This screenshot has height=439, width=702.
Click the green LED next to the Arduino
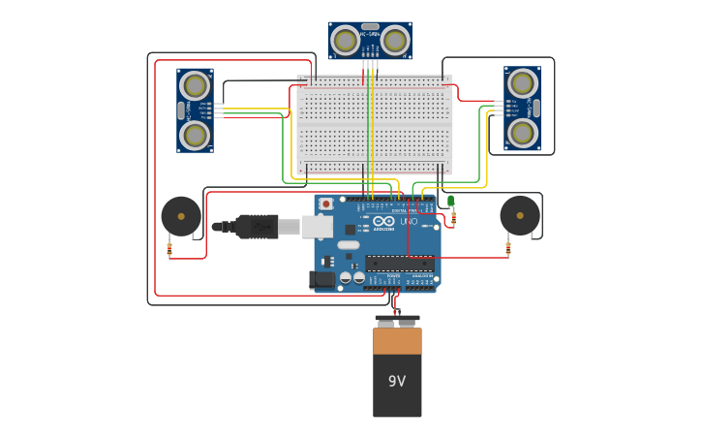click(x=451, y=201)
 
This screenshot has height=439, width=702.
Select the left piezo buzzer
click(x=181, y=216)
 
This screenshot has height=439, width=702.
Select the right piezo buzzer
click(x=520, y=215)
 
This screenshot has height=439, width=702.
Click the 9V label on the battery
click(x=397, y=381)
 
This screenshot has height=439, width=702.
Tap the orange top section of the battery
click(x=397, y=340)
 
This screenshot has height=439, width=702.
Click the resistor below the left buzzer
click(x=170, y=249)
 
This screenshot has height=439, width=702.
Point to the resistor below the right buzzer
click(x=508, y=249)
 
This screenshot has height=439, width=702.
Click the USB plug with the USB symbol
click(x=257, y=227)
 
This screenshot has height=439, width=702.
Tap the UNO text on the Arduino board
click(x=410, y=222)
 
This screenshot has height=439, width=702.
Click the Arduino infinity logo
click(x=384, y=222)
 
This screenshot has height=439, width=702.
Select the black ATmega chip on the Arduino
click(x=399, y=263)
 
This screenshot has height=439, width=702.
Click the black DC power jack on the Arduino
click(x=322, y=279)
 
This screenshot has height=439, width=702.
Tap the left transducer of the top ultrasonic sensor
click(x=345, y=41)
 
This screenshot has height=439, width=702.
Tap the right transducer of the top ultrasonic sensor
click(x=394, y=41)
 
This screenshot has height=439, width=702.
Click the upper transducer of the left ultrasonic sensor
click(x=196, y=86)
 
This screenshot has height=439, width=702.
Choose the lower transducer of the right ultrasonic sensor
click(x=522, y=132)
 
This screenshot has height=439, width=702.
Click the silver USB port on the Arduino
click(x=318, y=227)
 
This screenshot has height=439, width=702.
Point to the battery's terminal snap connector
click(x=397, y=320)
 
